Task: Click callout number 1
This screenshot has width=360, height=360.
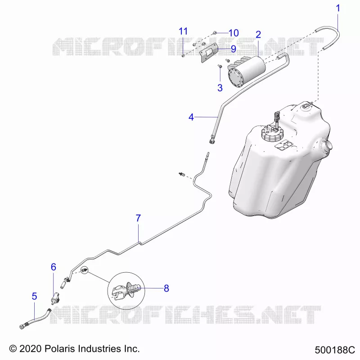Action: pos(338,8)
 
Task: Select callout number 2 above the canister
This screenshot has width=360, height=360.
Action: pos(258,35)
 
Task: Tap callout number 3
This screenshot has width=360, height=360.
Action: pos(220,88)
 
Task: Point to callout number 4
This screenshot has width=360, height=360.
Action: pos(191,117)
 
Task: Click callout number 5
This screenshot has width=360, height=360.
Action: pos(34,296)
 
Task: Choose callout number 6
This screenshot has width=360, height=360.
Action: pos(53,267)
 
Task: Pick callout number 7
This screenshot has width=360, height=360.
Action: pos(138,218)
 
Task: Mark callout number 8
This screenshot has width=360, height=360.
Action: pos(166,288)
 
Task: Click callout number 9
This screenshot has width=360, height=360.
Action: pos(233,49)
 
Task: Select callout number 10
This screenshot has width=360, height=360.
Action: pos(234,33)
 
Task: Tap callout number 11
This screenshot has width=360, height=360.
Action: pos(183,31)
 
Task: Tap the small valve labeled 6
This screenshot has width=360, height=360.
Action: pos(55,298)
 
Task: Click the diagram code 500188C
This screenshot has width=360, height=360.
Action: pos(334,350)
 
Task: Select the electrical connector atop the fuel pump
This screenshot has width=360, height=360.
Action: pos(277,117)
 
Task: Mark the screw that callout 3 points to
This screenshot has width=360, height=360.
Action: pos(220,66)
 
